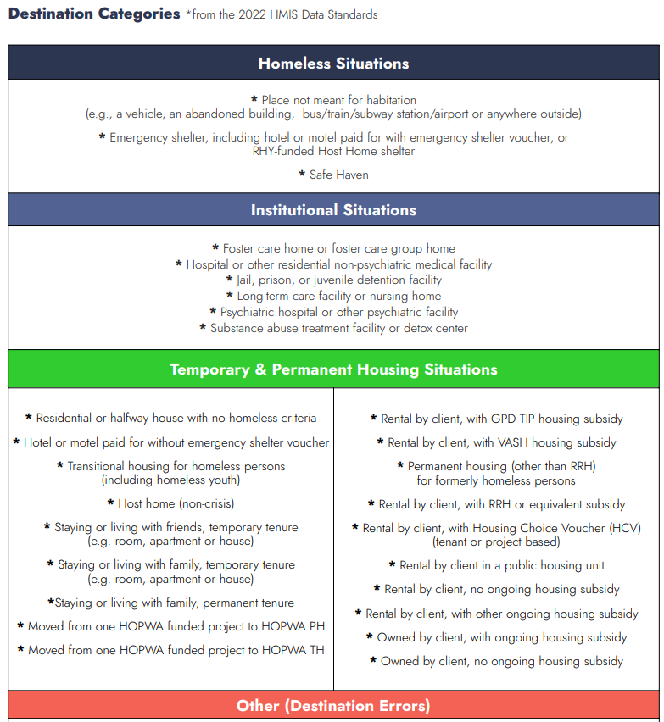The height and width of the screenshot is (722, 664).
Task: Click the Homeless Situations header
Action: (333, 64)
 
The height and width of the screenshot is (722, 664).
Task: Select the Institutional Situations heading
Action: (333, 210)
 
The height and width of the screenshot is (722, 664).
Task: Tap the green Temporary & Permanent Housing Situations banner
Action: (333, 369)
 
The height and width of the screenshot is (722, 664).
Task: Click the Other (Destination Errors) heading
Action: (333, 706)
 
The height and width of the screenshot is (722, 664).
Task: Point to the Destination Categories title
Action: (94, 14)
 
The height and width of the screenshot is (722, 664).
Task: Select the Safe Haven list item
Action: (338, 175)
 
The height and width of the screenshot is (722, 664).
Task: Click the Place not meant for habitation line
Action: (338, 100)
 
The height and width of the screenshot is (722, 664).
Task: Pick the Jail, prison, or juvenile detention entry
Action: (339, 280)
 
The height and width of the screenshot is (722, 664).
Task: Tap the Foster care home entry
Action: (338, 249)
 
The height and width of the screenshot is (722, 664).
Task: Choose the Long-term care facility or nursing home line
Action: (338, 297)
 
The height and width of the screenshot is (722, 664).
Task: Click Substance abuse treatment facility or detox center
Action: (338, 328)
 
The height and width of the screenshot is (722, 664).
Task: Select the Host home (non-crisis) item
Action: (176, 504)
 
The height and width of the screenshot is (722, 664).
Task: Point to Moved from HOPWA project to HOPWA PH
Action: (176, 627)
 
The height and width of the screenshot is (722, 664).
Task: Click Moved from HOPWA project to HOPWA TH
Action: (176, 651)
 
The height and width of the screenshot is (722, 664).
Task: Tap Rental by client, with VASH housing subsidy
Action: (501, 442)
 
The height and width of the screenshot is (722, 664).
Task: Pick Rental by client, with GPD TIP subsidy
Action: (501, 419)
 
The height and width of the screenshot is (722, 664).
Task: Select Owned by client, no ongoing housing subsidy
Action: (501, 661)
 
